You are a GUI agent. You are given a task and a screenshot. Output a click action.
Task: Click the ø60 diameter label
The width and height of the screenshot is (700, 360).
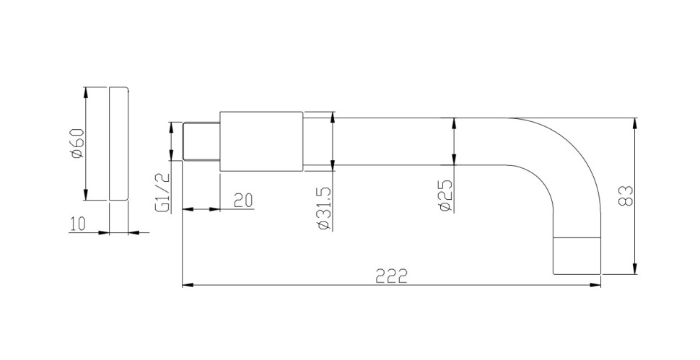click(x=78, y=144)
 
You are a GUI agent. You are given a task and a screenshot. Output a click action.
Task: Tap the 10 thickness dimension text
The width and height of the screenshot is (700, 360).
click(x=78, y=224)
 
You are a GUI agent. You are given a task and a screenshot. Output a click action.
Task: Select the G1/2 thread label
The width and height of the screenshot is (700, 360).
click(x=162, y=193)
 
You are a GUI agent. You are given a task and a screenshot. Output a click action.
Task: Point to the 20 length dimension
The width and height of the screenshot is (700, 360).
click(x=243, y=200)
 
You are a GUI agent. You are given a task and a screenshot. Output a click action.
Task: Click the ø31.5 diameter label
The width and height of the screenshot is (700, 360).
click(x=323, y=209)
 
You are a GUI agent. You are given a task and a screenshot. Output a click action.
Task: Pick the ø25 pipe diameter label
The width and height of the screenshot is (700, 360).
click(x=445, y=196)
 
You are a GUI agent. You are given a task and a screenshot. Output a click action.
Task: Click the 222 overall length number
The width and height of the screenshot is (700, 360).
click(x=393, y=276)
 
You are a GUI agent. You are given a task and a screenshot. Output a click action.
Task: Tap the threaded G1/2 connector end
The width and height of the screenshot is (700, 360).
click(x=201, y=143)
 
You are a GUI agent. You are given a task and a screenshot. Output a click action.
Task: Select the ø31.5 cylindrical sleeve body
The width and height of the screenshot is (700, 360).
click(x=261, y=142)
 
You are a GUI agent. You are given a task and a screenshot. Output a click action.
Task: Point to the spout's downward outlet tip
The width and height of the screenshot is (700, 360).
click(x=577, y=256)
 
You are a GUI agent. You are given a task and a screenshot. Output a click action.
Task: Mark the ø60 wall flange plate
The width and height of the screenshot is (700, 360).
click(x=119, y=144)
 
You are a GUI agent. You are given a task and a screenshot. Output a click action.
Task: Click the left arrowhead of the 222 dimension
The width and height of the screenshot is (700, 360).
click(x=187, y=286)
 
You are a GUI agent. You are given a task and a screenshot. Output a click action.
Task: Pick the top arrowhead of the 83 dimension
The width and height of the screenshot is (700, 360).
click(x=635, y=122)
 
